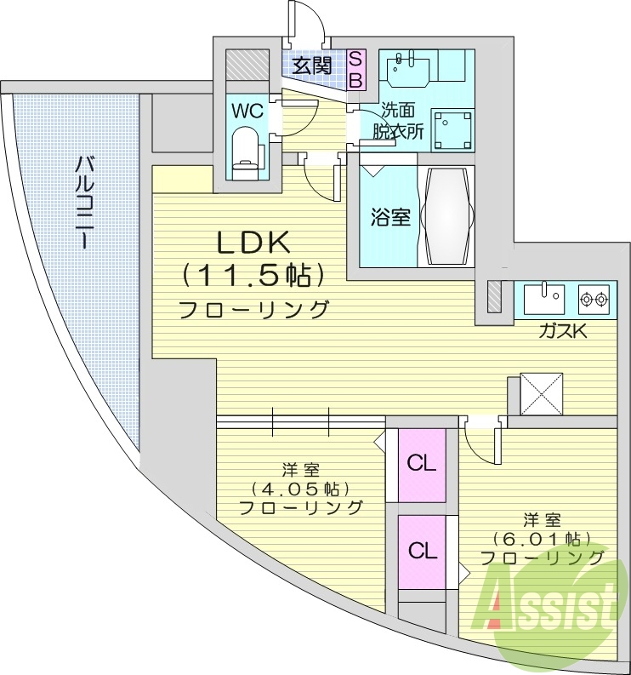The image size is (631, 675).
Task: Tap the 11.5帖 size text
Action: pyautogui.click(x=253, y=275)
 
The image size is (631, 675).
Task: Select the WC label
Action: pyautogui.click(x=247, y=111)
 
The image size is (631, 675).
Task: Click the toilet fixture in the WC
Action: pyautogui.click(x=244, y=148)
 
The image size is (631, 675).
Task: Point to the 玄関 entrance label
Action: pyautogui.click(x=312, y=65)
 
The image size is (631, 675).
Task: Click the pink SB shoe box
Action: pyautogui.click(x=356, y=69)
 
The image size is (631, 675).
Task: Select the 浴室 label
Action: pyautogui.click(x=390, y=217)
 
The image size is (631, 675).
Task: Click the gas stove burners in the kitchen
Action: pyautogui.click(x=594, y=299)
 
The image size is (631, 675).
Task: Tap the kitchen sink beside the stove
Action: pyautogui.click(x=543, y=299)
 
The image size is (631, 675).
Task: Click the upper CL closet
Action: pyautogui.click(x=422, y=464)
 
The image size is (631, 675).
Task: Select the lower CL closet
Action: pyautogui.click(x=422, y=551)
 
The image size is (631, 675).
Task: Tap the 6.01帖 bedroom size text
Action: pyautogui.click(x=542, y=539)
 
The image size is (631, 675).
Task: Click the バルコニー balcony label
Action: pyautogui.click(x=85, y=202)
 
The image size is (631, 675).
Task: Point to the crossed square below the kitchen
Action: pyautogui.click(x=541, y=394)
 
